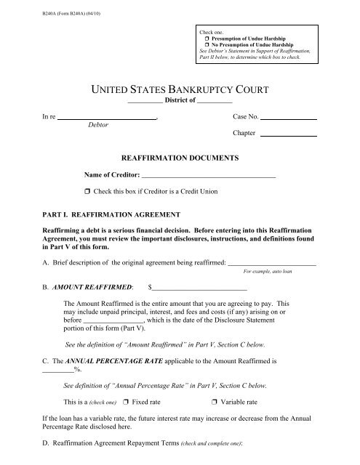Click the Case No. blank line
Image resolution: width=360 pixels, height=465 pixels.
(289, 118)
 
